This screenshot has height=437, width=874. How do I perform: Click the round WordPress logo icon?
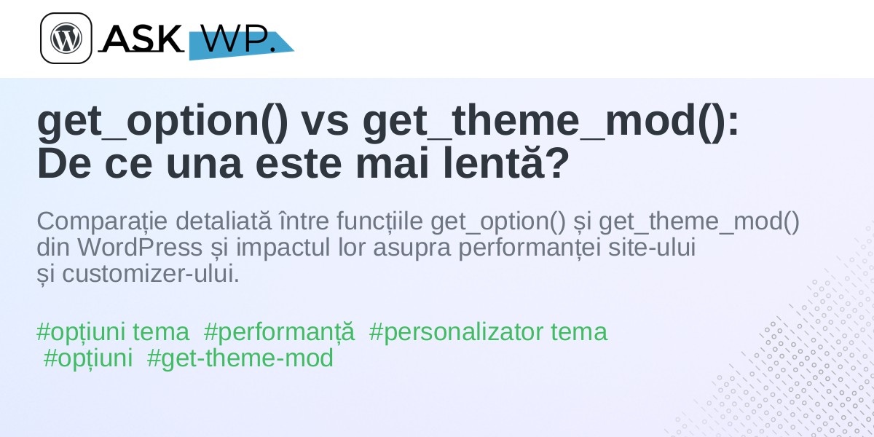[66, 38]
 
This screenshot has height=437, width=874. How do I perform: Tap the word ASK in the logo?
[142, 38]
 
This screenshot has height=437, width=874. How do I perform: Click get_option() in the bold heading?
[162, 122]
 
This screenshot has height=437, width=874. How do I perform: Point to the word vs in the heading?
[326, 122]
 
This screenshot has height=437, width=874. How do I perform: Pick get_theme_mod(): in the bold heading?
[551, 122]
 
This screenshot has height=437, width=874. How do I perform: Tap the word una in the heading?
[205, 165]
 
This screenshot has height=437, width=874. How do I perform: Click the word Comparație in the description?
[102, 221]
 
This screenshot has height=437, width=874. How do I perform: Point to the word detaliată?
[224, 221]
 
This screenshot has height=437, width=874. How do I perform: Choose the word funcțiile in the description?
[379, 221]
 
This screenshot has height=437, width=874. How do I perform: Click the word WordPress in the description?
[140, 247]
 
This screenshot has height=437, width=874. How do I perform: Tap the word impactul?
[283, 248]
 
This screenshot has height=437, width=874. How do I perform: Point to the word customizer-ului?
[151, 274]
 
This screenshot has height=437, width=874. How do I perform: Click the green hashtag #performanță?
[279, 333]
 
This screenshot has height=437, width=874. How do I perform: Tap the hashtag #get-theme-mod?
[240, 358]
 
